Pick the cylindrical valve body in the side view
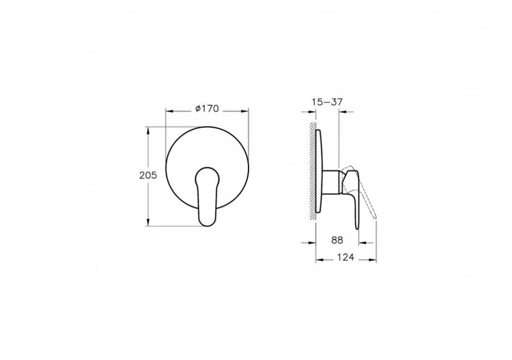(334, 182)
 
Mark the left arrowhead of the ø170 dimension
(168, 112)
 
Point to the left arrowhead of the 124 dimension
(319, 260)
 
